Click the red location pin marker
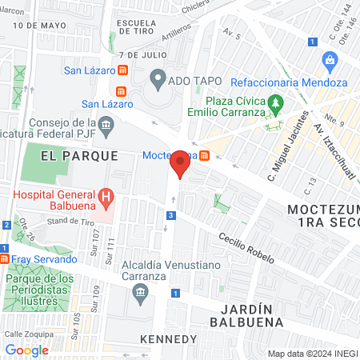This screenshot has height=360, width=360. (181, 165)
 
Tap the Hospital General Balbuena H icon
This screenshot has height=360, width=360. (105, 196)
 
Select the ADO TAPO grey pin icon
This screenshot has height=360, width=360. (158, 79)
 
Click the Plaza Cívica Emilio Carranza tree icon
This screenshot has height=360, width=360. (276, 102)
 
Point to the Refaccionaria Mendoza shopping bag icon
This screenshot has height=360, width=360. (329, 60)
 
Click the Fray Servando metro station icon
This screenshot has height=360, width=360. (5, 259)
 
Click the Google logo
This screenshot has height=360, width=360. (26, 350)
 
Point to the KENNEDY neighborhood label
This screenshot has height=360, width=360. (167, 339)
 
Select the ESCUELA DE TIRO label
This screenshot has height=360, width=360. (140, 28)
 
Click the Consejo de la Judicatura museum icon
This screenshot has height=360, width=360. (106, 124)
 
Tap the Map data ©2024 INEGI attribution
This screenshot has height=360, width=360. (310, 354)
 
